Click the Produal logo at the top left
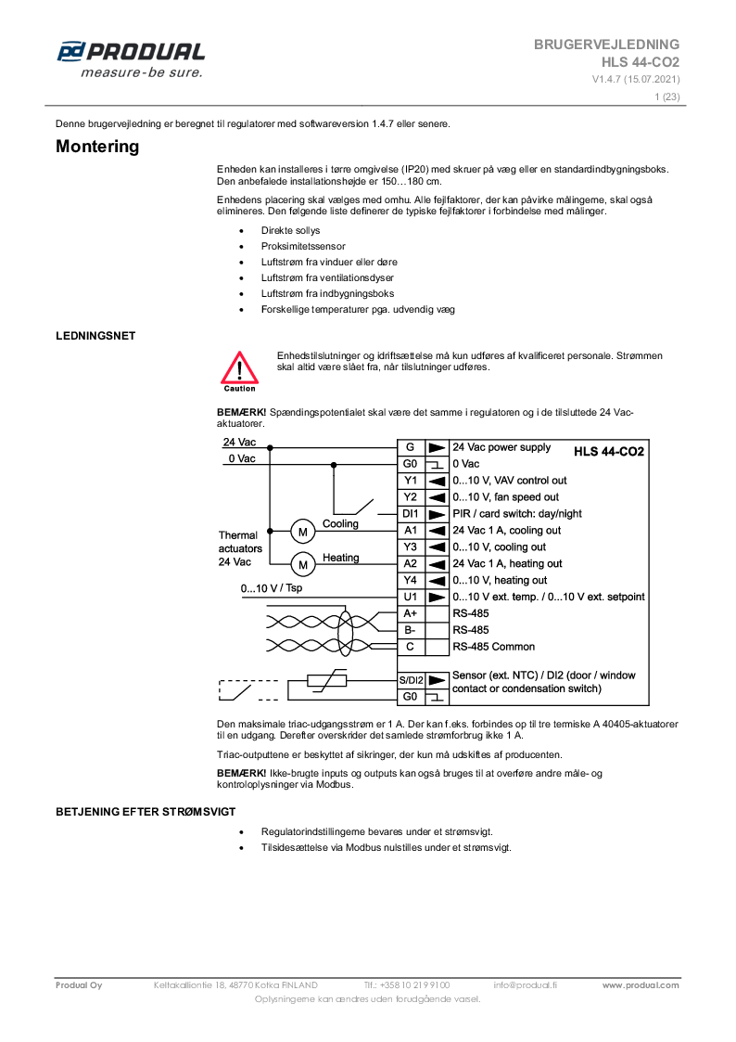tap(130, 58)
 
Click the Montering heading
tap(97, 147)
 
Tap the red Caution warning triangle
tap(239, 368)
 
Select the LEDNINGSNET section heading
tap(95, 336)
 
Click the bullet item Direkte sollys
tap(290, 230)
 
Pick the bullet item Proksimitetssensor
tap(303, 246)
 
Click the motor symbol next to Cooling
tap(302, 531)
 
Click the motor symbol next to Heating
tap(302, 563)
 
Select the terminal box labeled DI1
tap(411, 514)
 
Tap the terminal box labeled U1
tap(411, 597)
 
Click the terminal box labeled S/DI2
tap(411, 680)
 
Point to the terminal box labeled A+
tap(411, 613)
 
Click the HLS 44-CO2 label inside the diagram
tap(609, 451)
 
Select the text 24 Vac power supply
tap(501, 447)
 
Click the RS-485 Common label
tap(493, 647)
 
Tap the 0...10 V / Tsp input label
tap(272, 588)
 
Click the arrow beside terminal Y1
tap(438, 481)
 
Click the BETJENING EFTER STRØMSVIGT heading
tap(145, 812)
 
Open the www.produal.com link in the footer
tap(641, 985)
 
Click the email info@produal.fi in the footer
tap(525, 985)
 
